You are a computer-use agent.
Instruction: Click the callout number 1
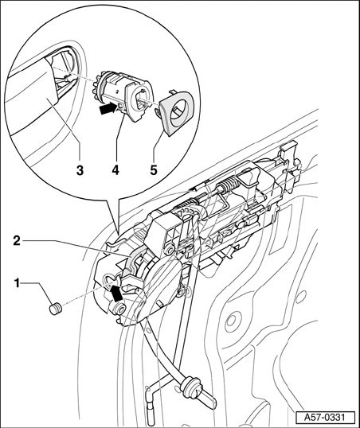coord(17,283)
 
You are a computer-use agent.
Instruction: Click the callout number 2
coord(17,241)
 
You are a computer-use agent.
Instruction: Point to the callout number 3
coord(80,170)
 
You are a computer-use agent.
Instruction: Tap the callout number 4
coord(115,170)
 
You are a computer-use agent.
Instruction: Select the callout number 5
coord(154,170)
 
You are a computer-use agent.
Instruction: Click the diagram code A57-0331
coord(325,418)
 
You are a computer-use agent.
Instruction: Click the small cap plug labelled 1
coord(56,309)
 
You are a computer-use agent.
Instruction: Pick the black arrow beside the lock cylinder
coord(108,109)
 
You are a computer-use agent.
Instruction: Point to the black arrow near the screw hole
coord(116,293)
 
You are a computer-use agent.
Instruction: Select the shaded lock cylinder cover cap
coord(175,113)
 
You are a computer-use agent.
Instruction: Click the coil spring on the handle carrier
coord(227,185)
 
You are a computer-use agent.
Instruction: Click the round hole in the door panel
coord(232,319)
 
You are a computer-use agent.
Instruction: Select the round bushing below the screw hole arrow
coord(119,309)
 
